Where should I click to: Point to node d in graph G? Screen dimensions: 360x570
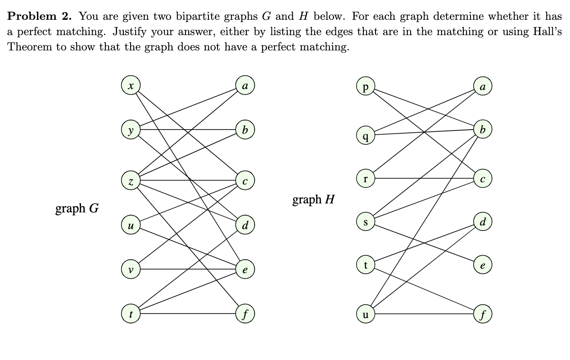click(x=245, y=225)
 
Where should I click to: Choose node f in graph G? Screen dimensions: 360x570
click(x=245, y=314)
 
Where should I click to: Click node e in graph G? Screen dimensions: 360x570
click(x=245, y=270)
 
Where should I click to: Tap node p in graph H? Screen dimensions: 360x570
click(x=365, y=86)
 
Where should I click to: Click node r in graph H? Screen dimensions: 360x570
click(x=365, y=178)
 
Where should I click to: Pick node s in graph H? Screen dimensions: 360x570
click(x=365, y=221)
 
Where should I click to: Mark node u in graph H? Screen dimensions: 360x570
click(x=365, y=314)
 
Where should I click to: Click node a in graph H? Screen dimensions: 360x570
click(x=482, y=86)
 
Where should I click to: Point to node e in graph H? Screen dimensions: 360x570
click(x=482, y=265)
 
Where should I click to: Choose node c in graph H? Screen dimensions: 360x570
click(x=482, y=178)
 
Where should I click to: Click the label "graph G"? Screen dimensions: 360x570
click(x=77, y=209)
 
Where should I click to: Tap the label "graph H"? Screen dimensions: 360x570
click(x=313, y=199)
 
